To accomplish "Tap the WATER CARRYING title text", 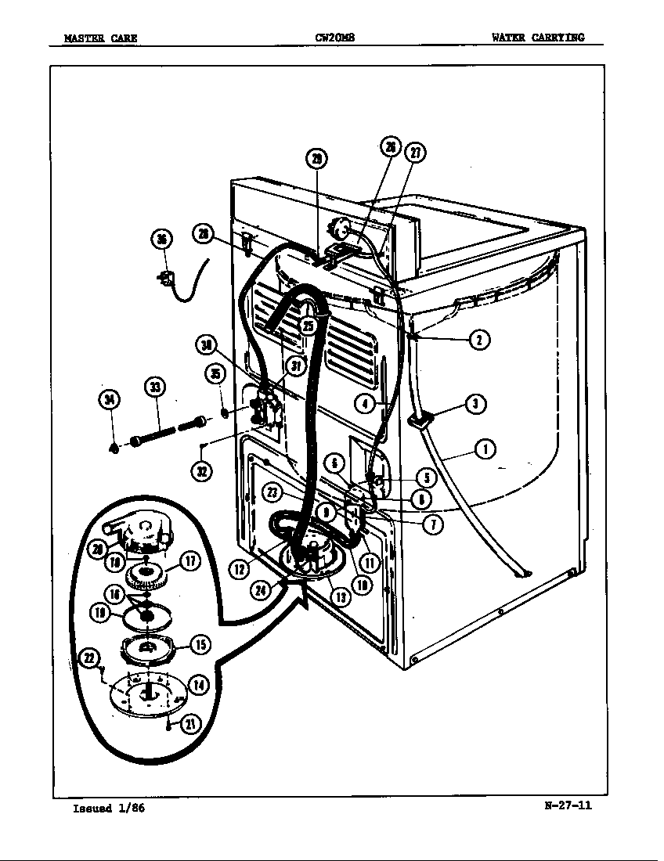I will tap(537, 37).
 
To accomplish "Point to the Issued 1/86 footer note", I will tap(108, 809).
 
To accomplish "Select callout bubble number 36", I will tap(162, 240).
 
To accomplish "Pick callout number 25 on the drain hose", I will tap(308, 326).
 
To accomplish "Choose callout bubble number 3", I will tap(475, 404).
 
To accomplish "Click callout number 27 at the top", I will tap(414, 153).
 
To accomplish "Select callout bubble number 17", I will tap(191, 560).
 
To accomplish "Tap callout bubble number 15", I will tap(200, 644).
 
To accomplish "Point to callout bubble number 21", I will tap(189, 725).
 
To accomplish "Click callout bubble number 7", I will tap(433, 524).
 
